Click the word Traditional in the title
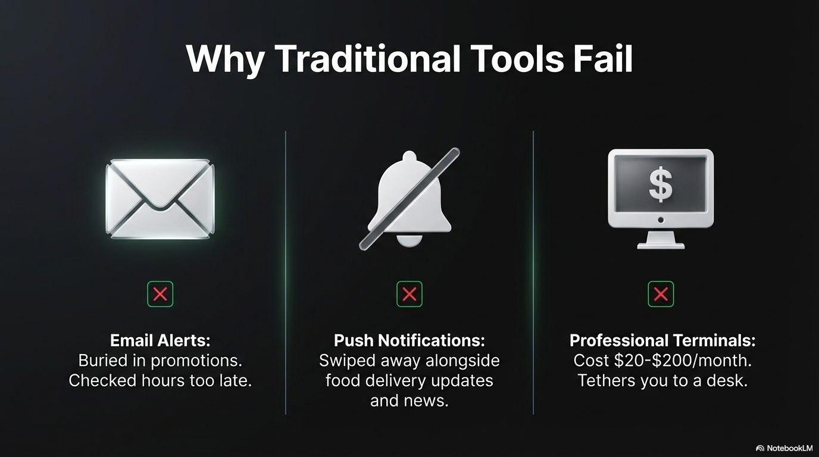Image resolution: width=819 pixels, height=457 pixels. point(367,58)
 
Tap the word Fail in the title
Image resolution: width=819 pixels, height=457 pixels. point(603,58)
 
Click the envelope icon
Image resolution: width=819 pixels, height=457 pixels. point(160,199)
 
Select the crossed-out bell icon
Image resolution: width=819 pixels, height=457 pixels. point(409,198)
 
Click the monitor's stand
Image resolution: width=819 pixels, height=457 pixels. point(661,239)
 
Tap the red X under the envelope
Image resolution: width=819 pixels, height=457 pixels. point(160,294)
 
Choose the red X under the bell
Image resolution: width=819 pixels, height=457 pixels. point(409,294)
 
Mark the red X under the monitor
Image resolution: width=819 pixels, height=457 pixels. point(661,294)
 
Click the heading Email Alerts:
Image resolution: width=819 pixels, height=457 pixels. point(160,340)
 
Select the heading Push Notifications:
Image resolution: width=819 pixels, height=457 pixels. point(409,340)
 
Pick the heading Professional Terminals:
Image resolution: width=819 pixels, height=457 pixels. point(662,340)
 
